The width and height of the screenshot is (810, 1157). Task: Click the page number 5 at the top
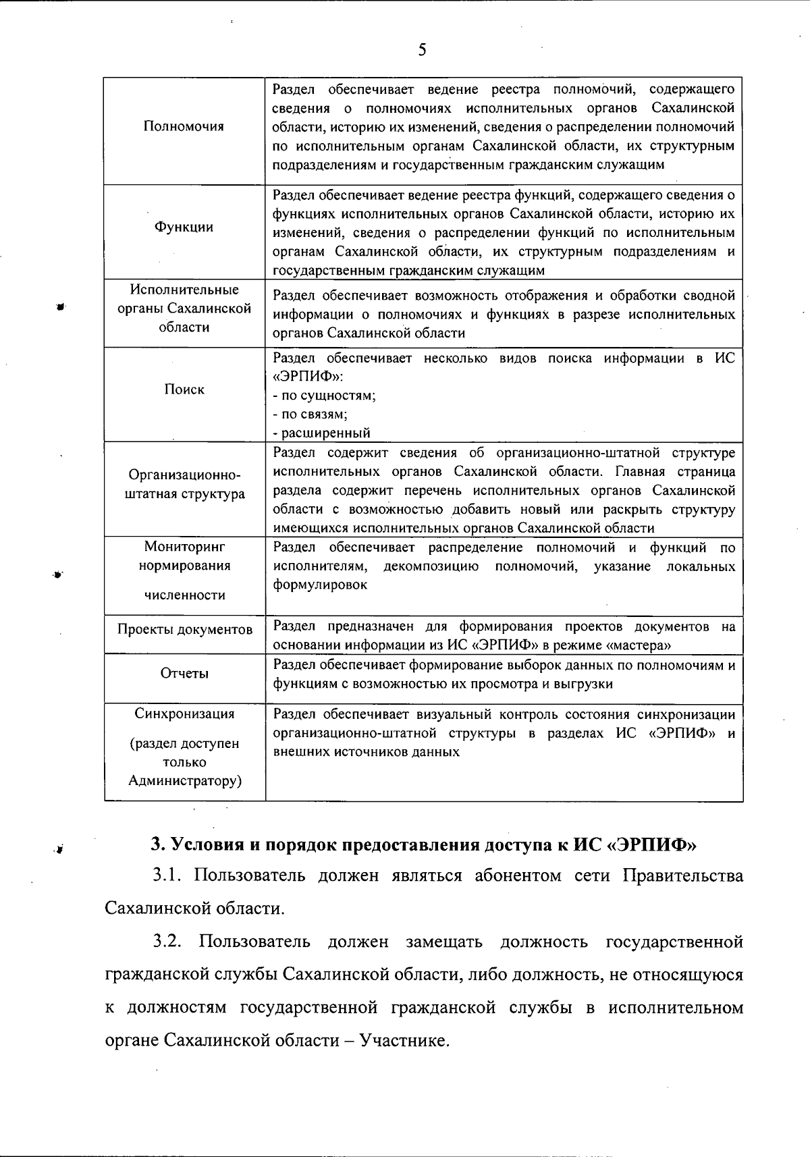point(422,50)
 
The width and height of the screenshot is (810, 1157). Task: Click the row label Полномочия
point(184,126)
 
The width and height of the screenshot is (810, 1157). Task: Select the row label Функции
point(184,227)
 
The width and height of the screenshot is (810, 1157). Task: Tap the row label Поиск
point(184,389)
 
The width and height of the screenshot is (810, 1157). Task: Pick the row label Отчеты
point(184,673)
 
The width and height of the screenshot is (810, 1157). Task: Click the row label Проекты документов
point(185,629)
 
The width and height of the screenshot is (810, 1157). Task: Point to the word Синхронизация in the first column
point(184,714)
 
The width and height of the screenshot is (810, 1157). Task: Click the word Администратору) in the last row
point(184,781)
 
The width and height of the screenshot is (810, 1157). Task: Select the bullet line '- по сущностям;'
point(325,396)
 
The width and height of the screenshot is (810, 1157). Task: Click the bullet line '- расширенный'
point(322,433)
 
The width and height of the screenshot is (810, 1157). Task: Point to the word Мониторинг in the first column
point(184,546)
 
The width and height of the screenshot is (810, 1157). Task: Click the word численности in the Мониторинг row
point(184,595)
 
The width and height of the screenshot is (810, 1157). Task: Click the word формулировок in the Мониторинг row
point(320,585)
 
